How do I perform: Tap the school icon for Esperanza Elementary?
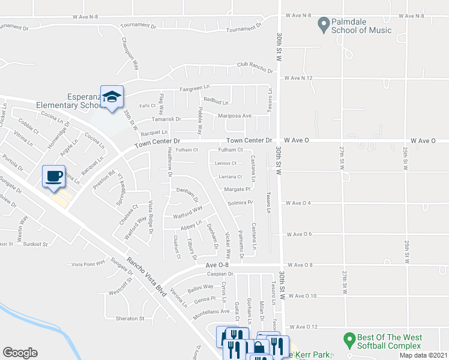pos(112,97)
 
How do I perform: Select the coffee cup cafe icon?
pos(53,176)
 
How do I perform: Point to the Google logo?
pos(20,353)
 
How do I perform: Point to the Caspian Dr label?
pos(219,274)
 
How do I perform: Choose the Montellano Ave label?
pos(211,312)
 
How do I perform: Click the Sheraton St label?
pos(130,319)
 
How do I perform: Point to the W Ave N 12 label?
pos(299,78)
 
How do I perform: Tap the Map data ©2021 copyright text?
pos(423,355)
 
